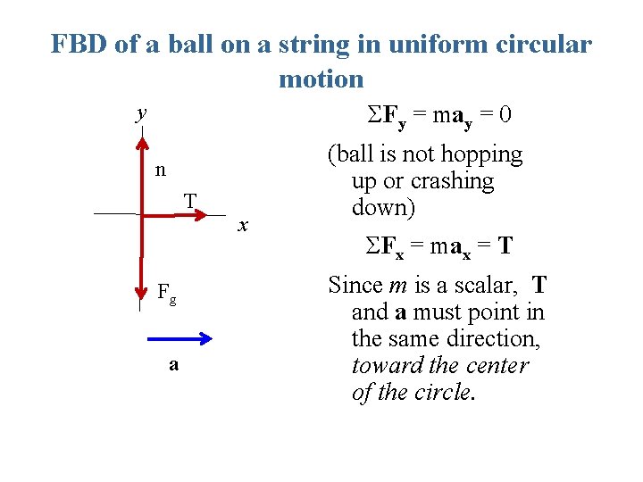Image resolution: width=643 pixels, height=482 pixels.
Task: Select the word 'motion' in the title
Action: pyautogui.click(x=321, y=79)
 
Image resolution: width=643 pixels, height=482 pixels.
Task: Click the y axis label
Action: pyautogui.click(x=140, y=113)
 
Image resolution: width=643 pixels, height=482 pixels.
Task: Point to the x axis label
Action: pyautogui.click(x=242, y=227)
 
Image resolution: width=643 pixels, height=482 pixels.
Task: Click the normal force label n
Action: pyautogui.click(x=159, y=170)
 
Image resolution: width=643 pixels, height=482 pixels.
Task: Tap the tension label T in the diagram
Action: pyautogui.click(x=190, y=199)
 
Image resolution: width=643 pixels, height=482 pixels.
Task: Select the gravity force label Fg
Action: pyautogui.click(x=166, y=291)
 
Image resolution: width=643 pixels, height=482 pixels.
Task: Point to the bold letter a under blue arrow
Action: pyautogui.click(x=173, y=364)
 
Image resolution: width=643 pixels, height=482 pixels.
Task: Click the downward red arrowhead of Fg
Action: pyautogui.click(x=141, y=292)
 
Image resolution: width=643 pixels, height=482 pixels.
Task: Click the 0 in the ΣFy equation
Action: pyautogui.click(x=505, y=115)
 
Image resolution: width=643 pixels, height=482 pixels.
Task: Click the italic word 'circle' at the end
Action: pyautogui.click(x=444, y=393)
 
